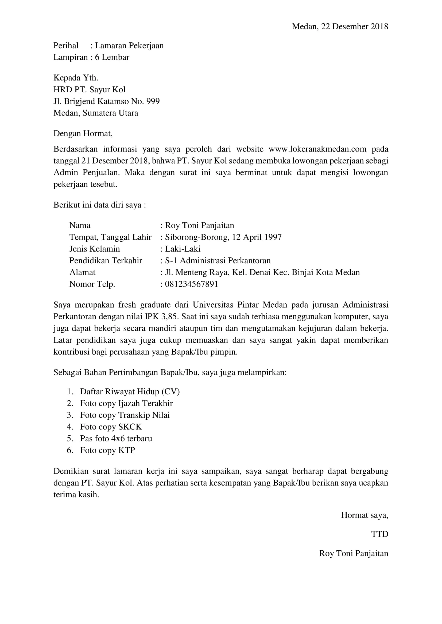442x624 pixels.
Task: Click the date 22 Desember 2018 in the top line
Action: (354, 26)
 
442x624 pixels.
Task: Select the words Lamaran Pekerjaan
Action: (129, 45)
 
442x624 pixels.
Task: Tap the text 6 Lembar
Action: (112, 57)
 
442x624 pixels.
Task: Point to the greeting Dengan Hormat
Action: (83, 133)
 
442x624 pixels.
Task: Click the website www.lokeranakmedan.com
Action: (317, 149)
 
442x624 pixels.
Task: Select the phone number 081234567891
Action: (191, 284)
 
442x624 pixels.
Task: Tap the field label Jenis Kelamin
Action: (94, 249)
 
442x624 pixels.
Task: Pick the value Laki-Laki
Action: (183, 249)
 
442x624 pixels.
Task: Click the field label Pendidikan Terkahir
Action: (106, 260)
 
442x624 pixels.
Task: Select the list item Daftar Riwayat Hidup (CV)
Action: (130, 392)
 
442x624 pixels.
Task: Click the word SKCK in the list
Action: (130, 427)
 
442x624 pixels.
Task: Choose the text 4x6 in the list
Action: (118, 438)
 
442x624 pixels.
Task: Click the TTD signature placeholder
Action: (380, 534)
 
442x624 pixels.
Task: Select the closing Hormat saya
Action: (365, 515)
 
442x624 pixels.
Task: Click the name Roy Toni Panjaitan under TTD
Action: (354, 553)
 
